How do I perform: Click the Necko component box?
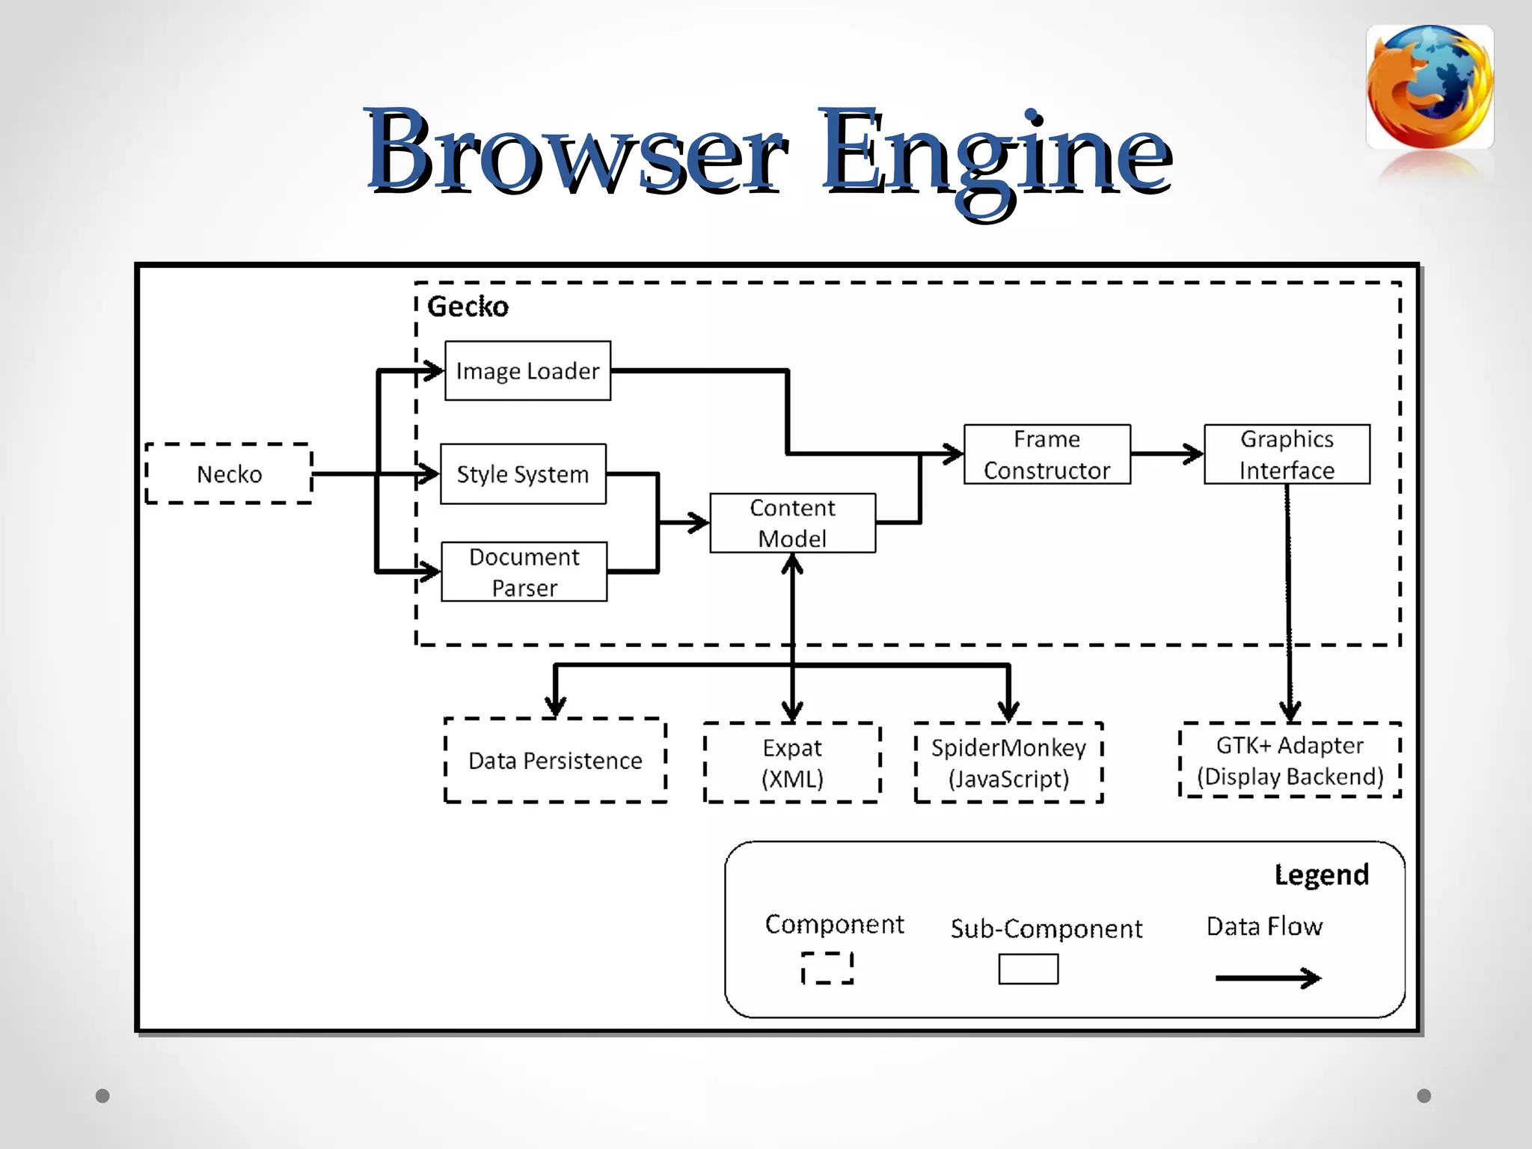[229, 474]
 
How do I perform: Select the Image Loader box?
[527, 371]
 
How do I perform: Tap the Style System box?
[523, 474]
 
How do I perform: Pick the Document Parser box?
[524, 572]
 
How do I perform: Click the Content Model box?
[792, 523]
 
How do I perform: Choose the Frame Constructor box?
[1047, 454]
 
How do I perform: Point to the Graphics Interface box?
[1287, 454]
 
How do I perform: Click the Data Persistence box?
[555, 760]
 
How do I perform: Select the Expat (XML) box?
[792, 762]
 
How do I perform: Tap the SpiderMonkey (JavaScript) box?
[1008, 762]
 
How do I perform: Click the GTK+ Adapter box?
[1290, 760]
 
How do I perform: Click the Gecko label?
[468, 307]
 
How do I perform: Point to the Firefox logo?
[1430, 87]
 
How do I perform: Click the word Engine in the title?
[995, 153]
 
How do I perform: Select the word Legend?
[1321, 874]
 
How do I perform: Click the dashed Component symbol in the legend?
[827, 968]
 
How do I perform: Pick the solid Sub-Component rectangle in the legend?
[1028, 969]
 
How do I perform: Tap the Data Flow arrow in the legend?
[1267, 978]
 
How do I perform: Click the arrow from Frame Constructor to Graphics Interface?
[1167, 453]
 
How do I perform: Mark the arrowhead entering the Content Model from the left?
[699, 522]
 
